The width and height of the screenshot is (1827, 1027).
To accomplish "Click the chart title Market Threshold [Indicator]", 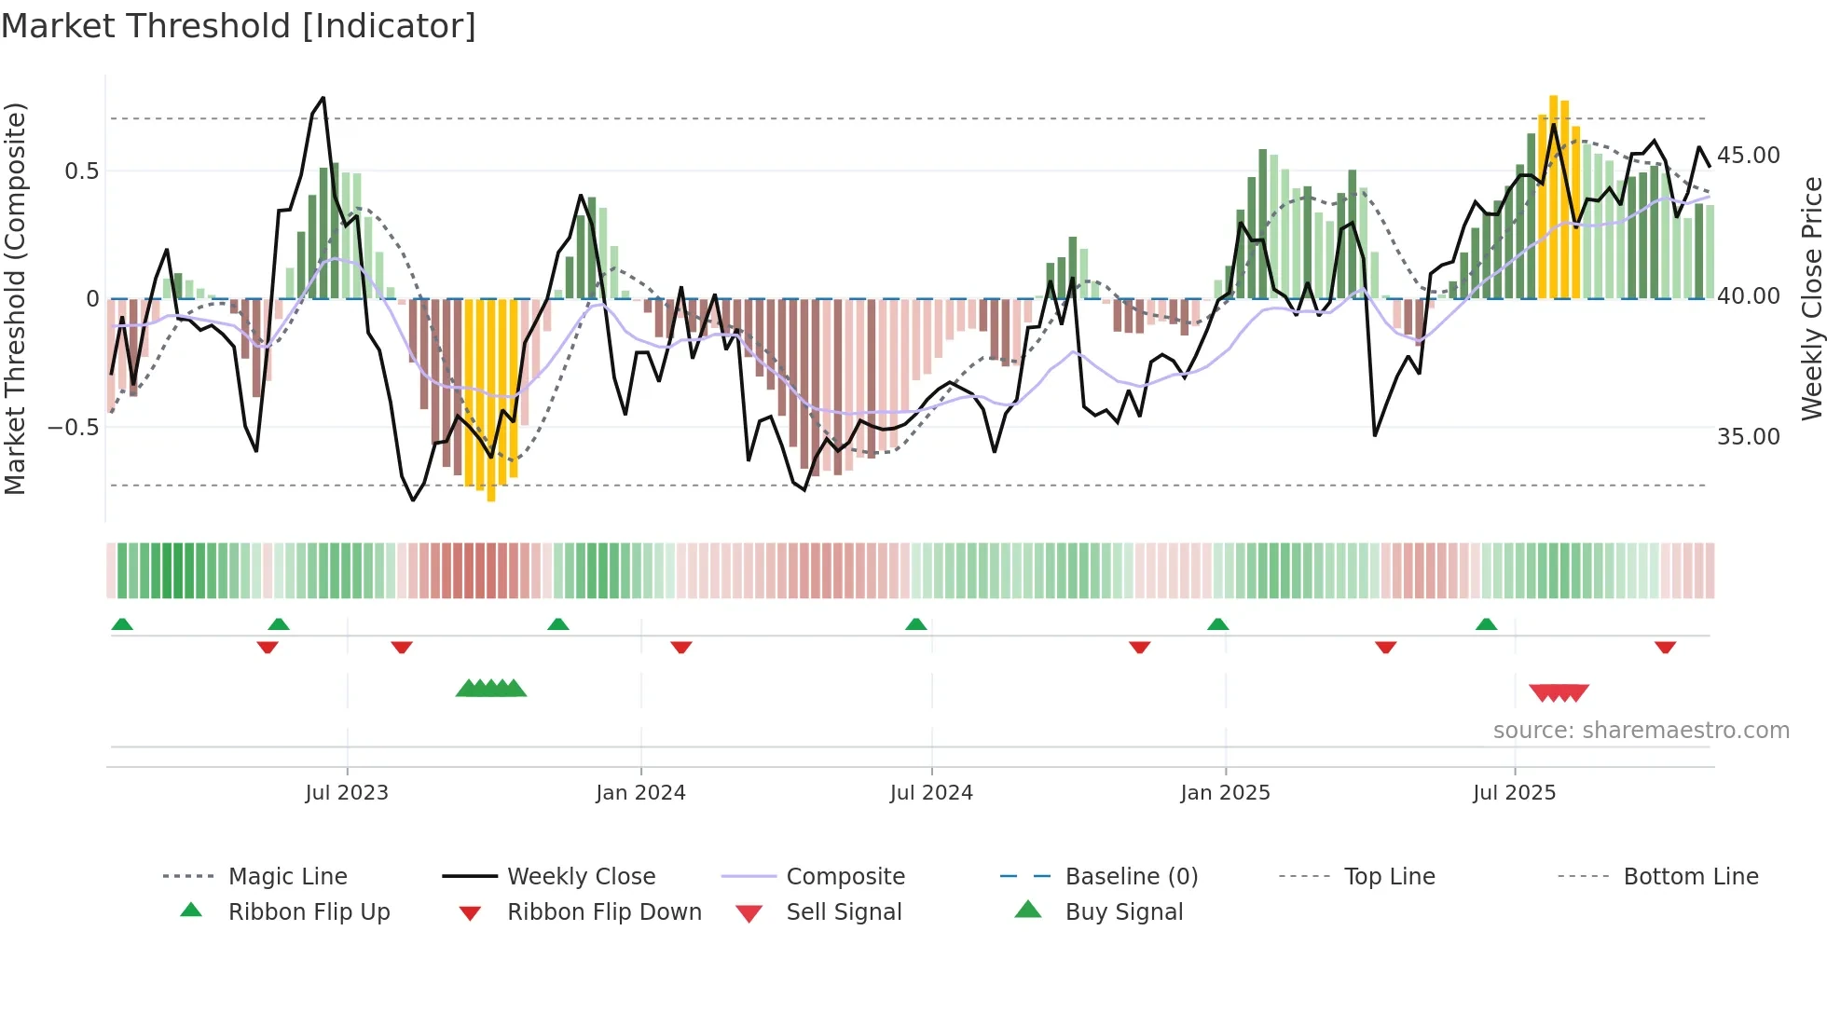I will [x=239, y=26].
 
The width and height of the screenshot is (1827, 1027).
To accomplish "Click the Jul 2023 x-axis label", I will [x=347, y=792].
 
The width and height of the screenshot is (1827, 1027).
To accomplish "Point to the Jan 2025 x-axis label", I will [x=1225, y=792].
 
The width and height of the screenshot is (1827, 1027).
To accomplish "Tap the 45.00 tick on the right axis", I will [x=1748, y=155].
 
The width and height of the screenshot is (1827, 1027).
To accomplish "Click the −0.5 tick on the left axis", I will [x=73, y=428].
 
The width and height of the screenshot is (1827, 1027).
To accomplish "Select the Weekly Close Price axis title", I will [x=1811, y=298].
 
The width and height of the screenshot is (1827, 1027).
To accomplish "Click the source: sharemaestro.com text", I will [x=1641, y=730].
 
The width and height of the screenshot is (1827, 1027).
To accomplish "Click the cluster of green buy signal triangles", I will [x=491, y=689].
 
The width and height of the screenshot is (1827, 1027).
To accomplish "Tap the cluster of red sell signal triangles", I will [x=1559, y=692].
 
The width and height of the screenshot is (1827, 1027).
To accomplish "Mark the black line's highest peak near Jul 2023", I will [x=323, y=98].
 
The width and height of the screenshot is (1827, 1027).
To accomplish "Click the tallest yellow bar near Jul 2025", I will [x=1553, y=196].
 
